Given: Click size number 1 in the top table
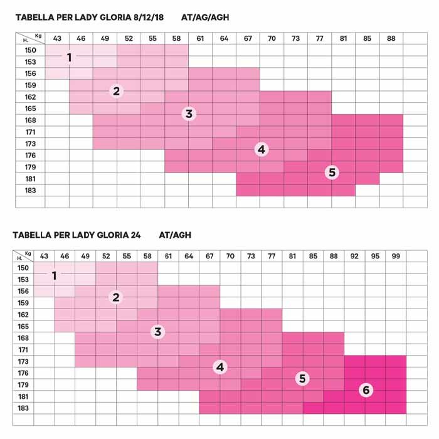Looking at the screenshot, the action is pos(69,58).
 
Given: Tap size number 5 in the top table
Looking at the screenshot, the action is pos(332,172).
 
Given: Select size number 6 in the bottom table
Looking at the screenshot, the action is pos(366,389).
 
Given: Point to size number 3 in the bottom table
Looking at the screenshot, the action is pos(157,332).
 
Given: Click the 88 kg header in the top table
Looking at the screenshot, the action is pos(391,38).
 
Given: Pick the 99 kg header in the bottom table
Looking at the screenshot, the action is pos(396,256).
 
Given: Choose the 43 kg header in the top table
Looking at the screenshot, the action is pos(57,38).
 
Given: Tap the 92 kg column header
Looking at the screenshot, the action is pos(354,256).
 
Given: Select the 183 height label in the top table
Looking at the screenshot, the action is pos(30,191).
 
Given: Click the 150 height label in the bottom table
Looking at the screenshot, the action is pos(23,268).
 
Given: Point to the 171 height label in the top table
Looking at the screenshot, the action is pos(30,132).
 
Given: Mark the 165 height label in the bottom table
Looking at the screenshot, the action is pos(23,326).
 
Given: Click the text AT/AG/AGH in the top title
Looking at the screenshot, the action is pos(205,18).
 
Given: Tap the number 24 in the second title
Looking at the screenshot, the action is pos(135,235).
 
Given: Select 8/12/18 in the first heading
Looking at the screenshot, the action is pos(149,18).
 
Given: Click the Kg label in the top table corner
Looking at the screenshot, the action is pos(38,36).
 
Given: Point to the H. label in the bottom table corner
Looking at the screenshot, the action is pos(19,258).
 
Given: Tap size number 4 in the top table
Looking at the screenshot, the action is pos(262,149).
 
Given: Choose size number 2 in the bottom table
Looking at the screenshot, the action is pos(116,297).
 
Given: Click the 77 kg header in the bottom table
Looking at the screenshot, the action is pos(272,256).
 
